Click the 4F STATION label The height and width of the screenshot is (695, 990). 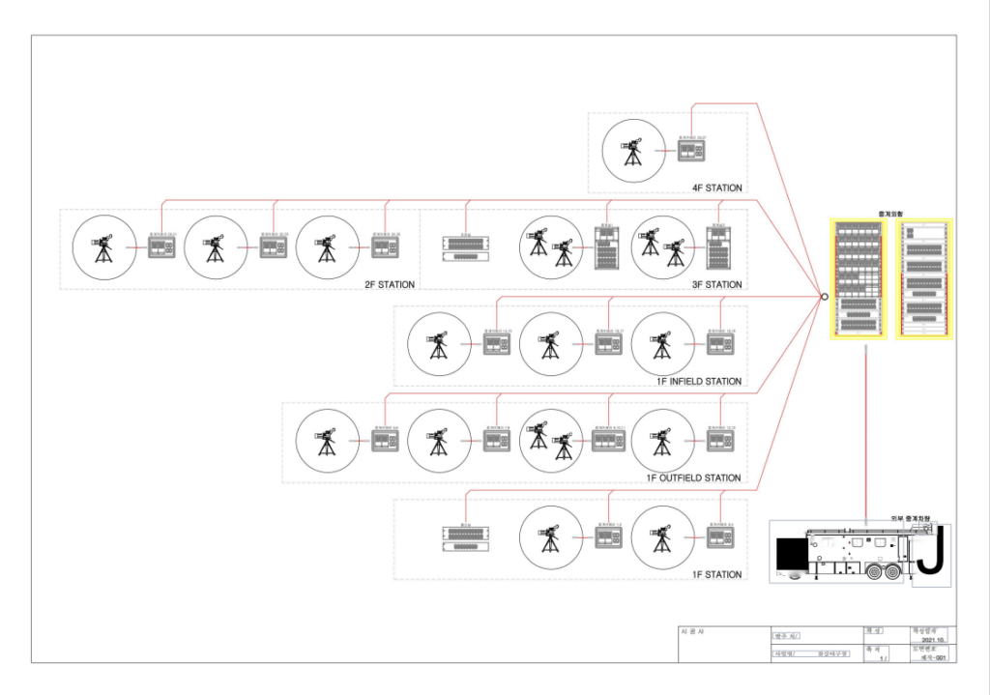point(717,188)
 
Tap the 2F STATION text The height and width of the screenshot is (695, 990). point(390,284)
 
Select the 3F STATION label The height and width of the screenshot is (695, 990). point(717,284)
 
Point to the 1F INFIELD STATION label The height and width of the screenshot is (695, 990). point(699,381)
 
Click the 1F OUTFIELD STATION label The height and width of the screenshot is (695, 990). point(694,478)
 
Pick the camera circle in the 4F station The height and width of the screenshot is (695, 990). point(632,151)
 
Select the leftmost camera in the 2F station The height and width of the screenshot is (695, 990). point(104,247)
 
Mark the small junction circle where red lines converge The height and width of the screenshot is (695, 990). point(824,297)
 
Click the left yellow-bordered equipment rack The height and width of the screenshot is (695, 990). point(859,278)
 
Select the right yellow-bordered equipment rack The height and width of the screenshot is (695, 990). point(924,278)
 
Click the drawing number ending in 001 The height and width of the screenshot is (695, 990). point(932,657)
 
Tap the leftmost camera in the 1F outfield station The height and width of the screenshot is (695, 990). point(328,441)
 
